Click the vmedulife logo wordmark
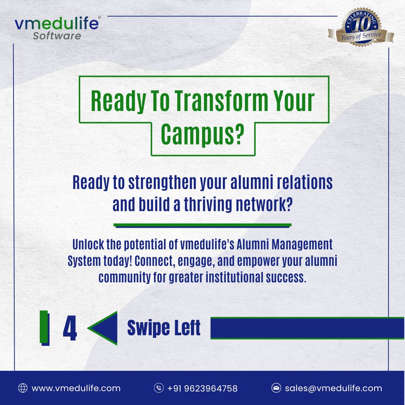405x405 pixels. (x=57, y=24)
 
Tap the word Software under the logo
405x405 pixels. (x=57, y=36)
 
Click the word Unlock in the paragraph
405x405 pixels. (x=87, y=244)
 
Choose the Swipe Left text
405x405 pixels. (x=164, y=328)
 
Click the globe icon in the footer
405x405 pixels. (x=23, y=388)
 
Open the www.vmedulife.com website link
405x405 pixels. (x=76, y=388)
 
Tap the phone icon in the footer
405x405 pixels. (x=159, y=388)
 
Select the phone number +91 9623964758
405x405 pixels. (x=202, y=388)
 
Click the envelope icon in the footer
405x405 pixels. (x=276, y=388)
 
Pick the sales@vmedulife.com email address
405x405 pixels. (x=333, y=388)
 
